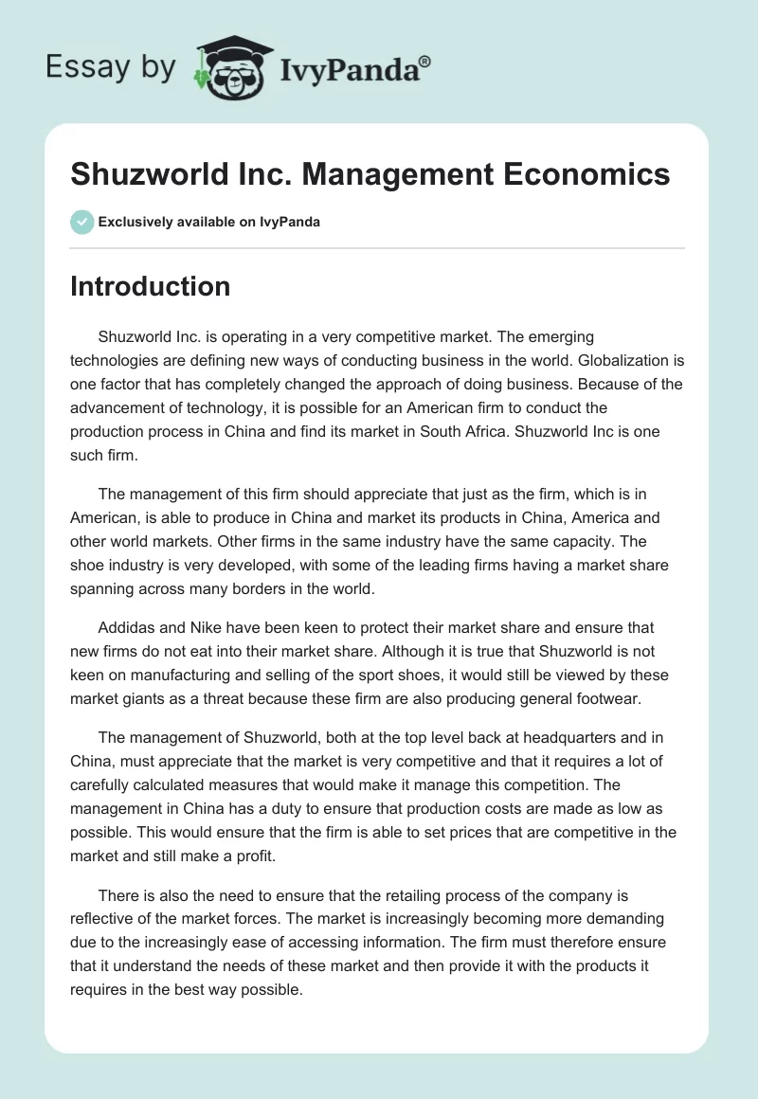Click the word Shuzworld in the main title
coord(143,174)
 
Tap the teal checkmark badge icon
coord(81,222)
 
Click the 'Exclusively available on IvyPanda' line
coord(209,222)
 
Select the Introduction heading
coord(150,286)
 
